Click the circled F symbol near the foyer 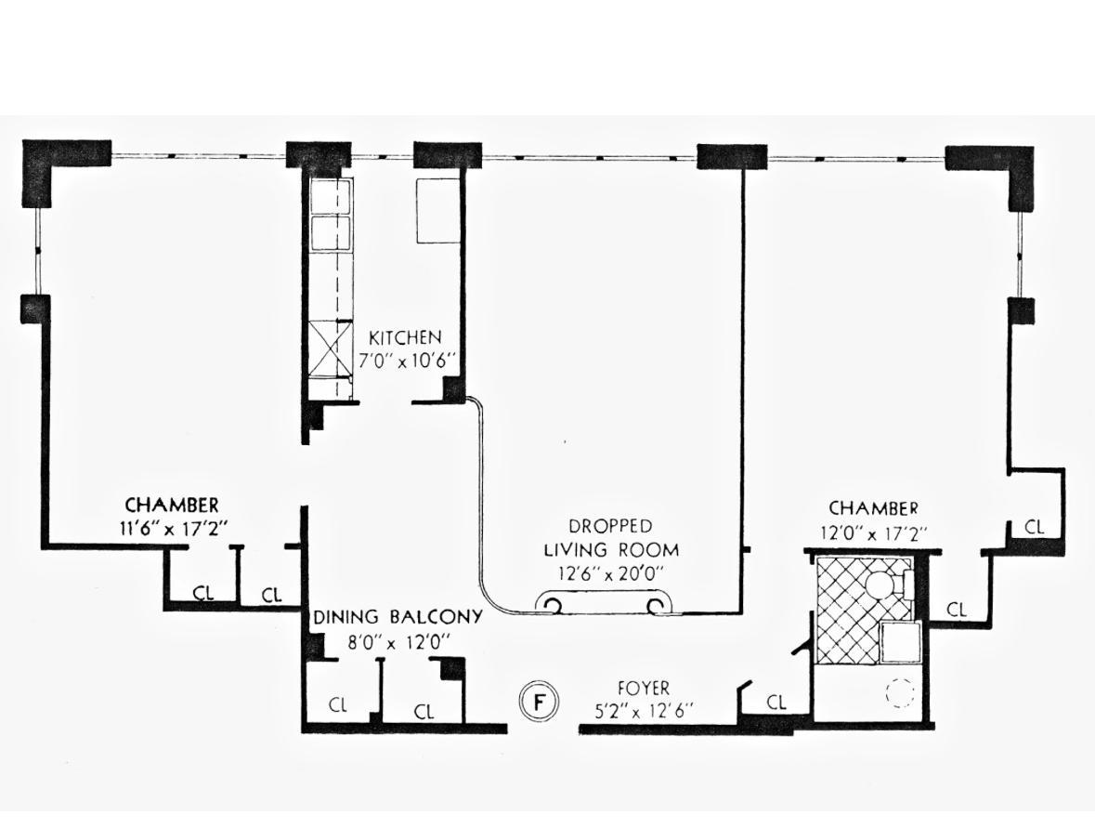pos(539,702)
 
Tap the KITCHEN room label pos(405,337)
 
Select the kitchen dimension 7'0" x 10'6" pos(405,361)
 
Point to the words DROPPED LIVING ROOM pos(610,538)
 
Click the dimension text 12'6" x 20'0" pos(610,573)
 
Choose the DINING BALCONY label pos(398,617)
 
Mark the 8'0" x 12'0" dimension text pos(398,641)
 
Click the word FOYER pos(643,689)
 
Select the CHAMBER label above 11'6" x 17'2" pos(172,506)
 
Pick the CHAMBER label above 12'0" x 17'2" pos(873,508)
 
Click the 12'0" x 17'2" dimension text pos(873,533)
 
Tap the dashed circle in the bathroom pos(899,693)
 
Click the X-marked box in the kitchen pos(331,347)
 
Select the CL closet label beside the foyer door pos(776,703)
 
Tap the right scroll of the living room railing pos(658,606)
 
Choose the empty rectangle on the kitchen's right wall pos(437,211)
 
